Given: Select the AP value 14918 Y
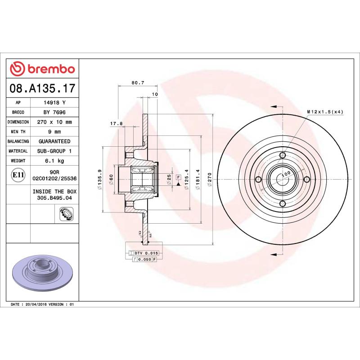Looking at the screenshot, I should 54,103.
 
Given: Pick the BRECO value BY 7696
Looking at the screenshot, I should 54,112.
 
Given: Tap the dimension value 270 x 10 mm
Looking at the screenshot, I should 54,122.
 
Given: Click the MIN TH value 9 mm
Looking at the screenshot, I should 54,132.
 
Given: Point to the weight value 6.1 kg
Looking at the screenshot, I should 54,161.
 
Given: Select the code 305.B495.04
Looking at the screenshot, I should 54,198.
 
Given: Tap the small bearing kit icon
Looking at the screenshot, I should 66,214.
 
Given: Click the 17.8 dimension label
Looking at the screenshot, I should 117,124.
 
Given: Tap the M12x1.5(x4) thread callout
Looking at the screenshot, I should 325,112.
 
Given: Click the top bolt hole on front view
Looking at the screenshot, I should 282,156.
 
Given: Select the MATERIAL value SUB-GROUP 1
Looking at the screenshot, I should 54,151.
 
